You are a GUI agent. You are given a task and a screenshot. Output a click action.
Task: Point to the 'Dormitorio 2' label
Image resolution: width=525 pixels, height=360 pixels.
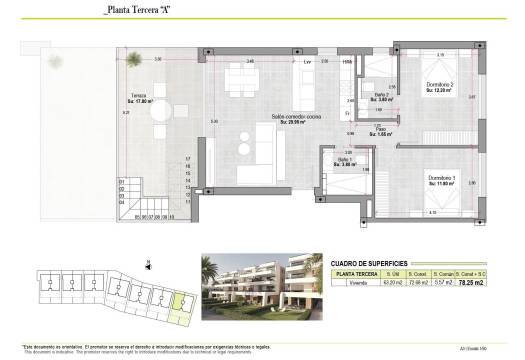coord(439,86)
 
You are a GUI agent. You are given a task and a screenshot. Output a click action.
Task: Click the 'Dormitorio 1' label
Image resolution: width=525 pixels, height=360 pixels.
coord(441,178)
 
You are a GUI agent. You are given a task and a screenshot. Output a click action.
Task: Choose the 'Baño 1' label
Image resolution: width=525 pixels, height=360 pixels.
coord(346,161)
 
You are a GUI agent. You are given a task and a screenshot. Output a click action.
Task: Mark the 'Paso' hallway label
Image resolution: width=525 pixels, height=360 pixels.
coord(381,130)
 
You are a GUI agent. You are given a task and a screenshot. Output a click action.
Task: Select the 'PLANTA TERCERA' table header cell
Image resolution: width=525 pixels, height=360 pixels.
coord(355,273)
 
